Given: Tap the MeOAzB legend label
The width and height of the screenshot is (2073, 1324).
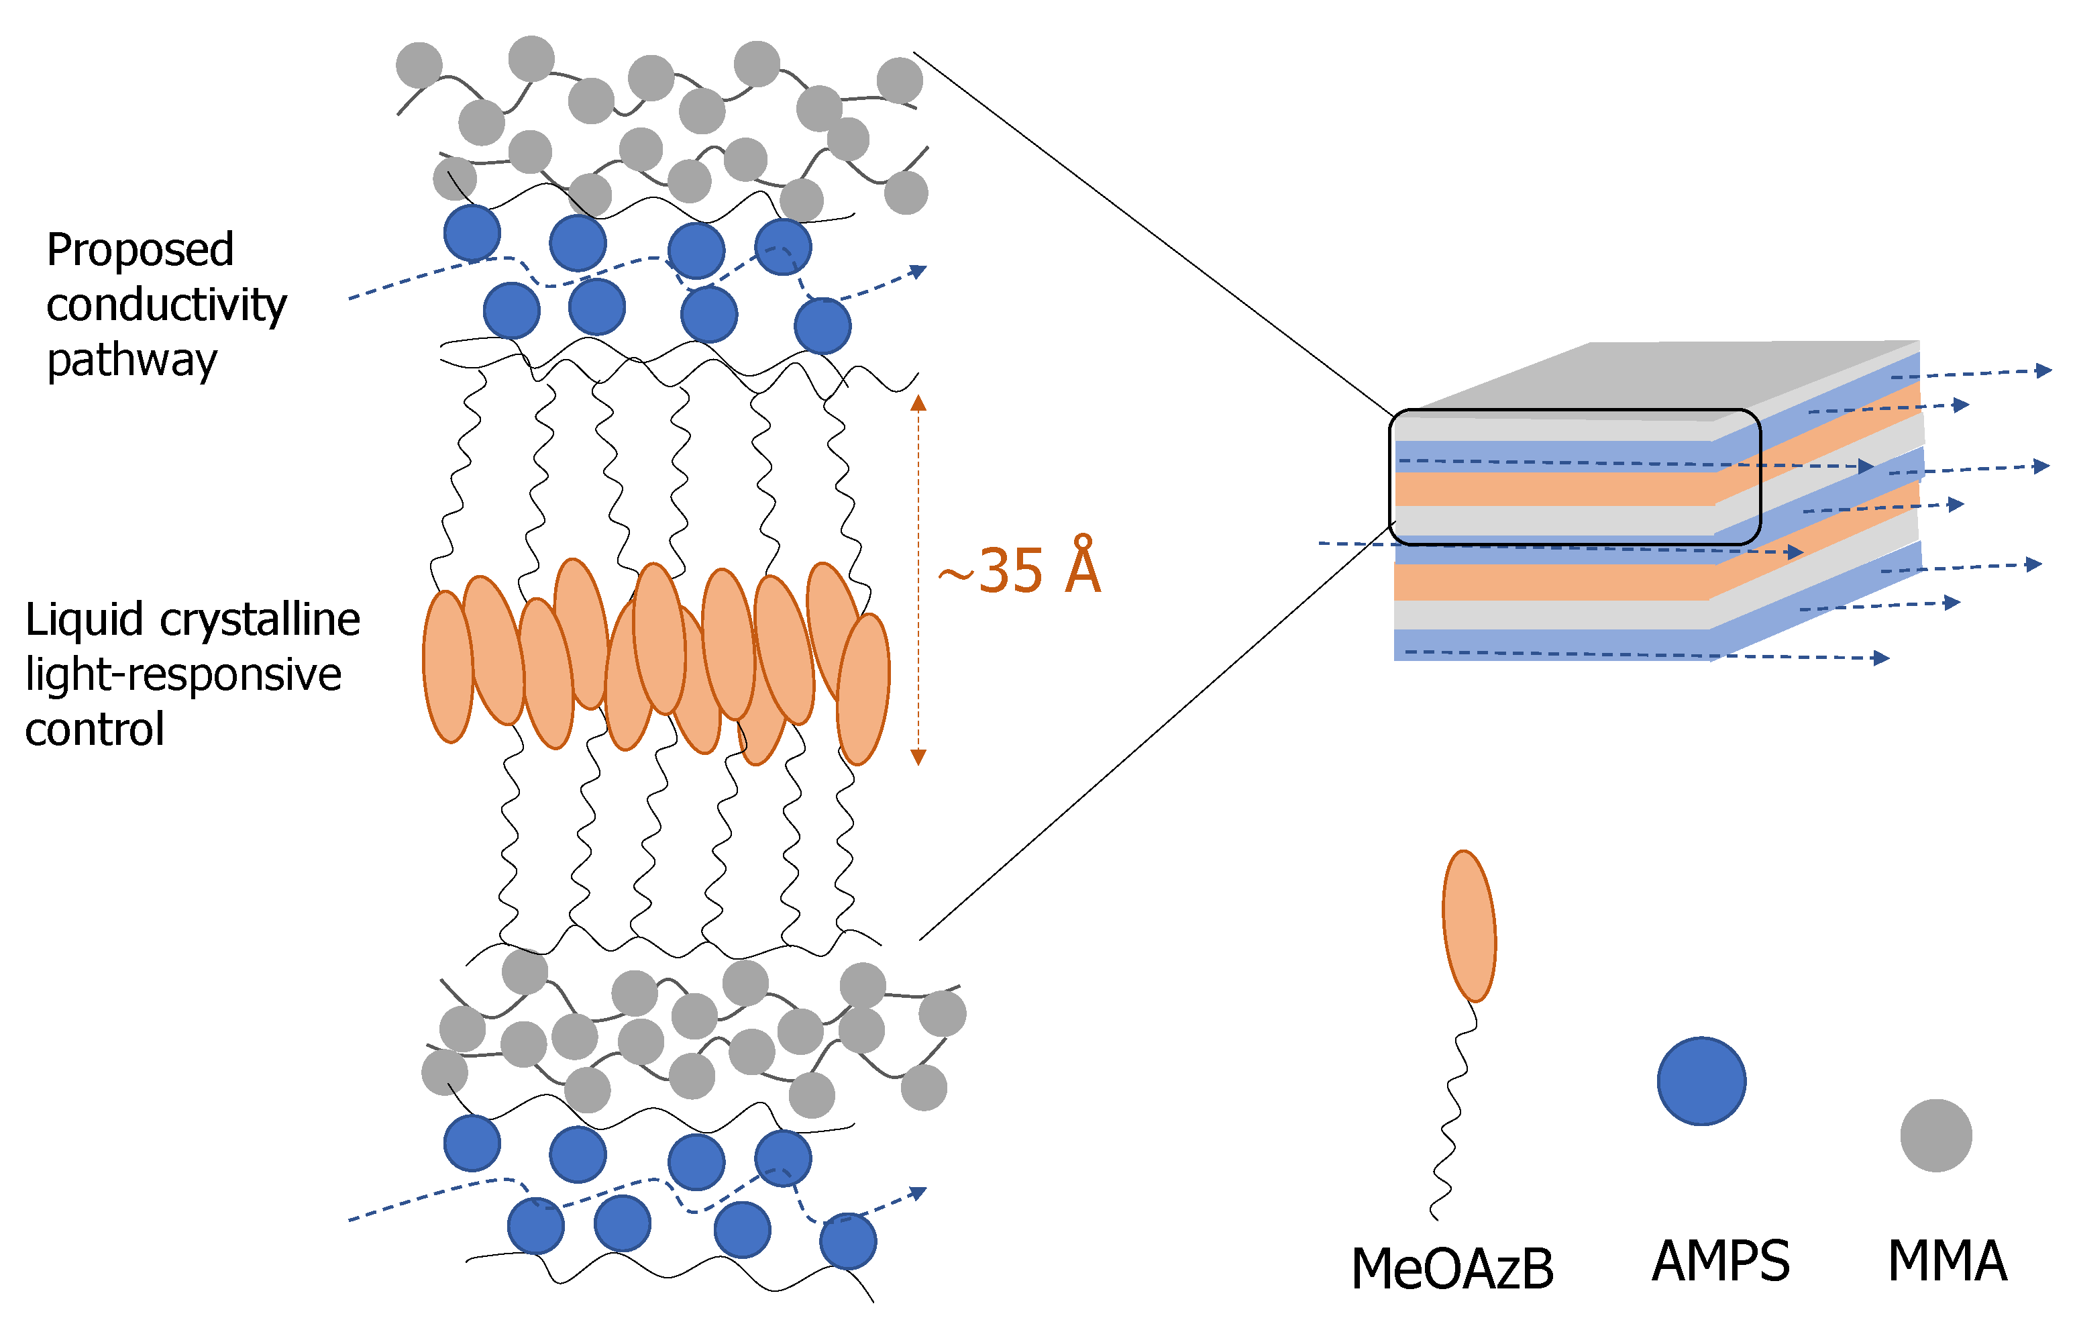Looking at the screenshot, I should (x=1452, y=1269).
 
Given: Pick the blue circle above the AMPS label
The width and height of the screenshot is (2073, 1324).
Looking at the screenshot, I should (x=1701, y=1080).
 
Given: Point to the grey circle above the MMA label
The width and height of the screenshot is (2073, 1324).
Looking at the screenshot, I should (x=1936, y=1135).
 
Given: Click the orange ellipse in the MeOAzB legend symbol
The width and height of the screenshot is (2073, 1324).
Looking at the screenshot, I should (x=1469, y=926).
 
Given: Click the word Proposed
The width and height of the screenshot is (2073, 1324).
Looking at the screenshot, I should (x=140, y=250).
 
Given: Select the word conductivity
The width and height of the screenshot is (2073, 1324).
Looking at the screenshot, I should (x=166, y=305).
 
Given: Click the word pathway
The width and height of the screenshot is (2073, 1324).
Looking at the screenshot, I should (x=131, y=360).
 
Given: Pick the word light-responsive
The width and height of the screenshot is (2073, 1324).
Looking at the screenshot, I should (x=183, y=674).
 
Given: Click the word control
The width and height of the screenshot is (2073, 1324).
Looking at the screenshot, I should (x=95, y=729).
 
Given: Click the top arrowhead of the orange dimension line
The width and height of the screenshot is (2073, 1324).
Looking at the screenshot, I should (x=918, y=403).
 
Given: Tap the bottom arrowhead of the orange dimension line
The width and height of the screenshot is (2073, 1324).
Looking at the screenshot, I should (x=918, y=757).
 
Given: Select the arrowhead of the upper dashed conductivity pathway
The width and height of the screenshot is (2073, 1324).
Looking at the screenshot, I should (x=918, y=272).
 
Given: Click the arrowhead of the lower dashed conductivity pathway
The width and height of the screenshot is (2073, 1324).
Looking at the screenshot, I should (x=918, y=1193).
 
